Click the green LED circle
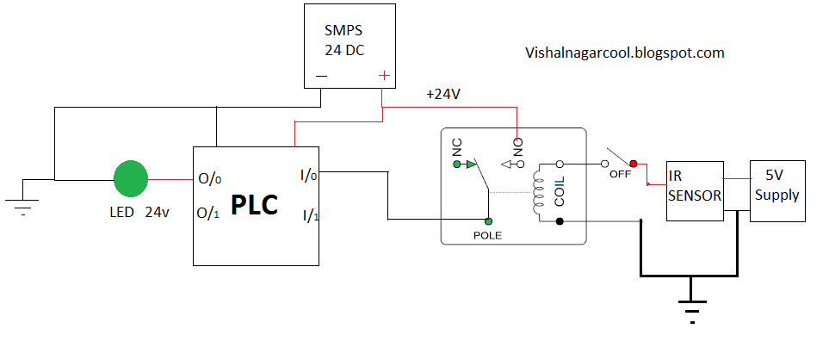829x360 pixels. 131,179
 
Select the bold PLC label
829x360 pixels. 254,206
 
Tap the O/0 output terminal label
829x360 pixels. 209,179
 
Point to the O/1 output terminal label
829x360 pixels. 209,212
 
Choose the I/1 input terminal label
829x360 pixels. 310,214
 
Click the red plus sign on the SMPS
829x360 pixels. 383,76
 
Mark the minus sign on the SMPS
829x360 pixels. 321,76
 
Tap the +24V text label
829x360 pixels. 443,94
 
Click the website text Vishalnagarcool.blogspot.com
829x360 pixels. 624,53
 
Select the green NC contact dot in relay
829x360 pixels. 457,162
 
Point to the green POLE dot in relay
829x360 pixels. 488,221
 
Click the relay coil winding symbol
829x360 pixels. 540,193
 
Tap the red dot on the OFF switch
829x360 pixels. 634,163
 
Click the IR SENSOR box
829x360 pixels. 695,190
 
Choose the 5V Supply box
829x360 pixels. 777,190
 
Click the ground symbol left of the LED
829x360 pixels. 23,205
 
